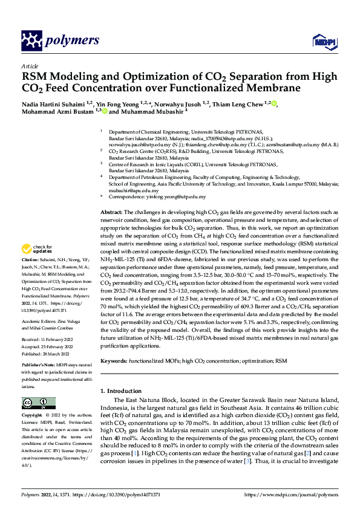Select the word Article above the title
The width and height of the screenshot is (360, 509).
pyautogui.click(x=30, y=66)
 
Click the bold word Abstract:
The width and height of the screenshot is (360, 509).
pyautogui.click(x=111, y=213)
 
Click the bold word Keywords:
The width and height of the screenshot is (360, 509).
pyautogui.click(x=114, y=360)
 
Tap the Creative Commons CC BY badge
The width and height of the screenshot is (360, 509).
pyautogui.click(x=38, y=403)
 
